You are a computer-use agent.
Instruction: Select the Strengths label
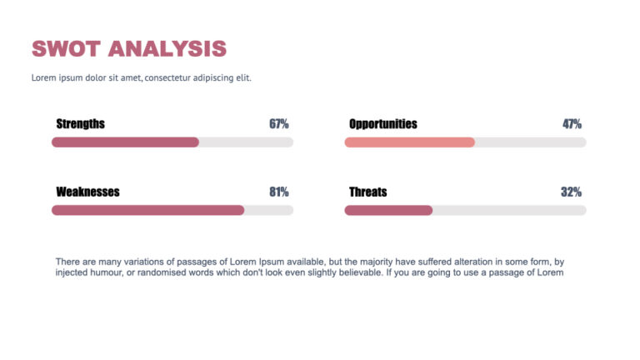click(x=80, y=124)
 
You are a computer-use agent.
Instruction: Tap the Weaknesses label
click(x=87, y=192)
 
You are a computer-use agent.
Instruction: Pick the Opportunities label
click(x=382, y=124)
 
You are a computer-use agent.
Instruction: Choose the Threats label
click(x=367, y=192)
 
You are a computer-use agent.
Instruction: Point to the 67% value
click(x=278, y=124)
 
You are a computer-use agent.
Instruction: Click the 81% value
click(x=278, y=192)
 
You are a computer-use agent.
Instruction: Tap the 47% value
click(x=572, y=124)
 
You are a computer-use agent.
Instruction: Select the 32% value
click(x=571, y=192)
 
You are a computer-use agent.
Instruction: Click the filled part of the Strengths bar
click(x=125, y=142)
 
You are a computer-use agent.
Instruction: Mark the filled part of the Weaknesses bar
click(x=147, y=210)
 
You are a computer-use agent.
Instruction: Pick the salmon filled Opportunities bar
click(x=409, y=142)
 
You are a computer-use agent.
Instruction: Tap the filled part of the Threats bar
click(x=388, y=210)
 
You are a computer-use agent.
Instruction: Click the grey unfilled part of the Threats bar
click(x=508, y=210)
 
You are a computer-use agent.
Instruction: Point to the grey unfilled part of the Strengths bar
click(x=246, y=142)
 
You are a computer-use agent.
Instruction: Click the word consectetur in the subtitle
click(x=171, y=77)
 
